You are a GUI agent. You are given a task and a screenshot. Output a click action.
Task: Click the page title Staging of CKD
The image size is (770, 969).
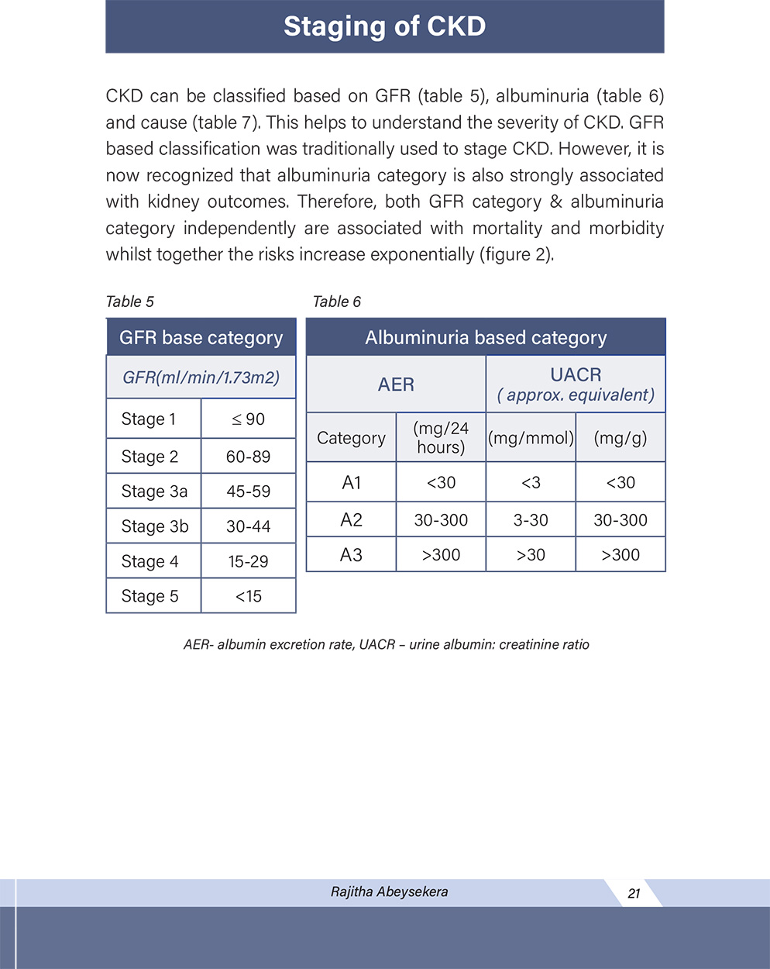[384, 26]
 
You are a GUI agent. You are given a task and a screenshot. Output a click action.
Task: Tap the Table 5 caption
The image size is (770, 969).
[129, 302]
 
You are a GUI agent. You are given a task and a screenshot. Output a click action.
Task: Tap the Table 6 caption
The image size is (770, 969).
[336, 302]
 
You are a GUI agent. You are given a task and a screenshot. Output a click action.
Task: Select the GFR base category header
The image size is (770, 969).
[201, 337]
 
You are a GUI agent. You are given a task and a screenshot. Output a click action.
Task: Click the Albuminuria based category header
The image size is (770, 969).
[486, 337]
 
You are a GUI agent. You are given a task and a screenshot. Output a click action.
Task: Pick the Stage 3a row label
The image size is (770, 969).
[154, 491]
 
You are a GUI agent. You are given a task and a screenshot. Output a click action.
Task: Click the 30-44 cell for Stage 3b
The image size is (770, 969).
[248, 526]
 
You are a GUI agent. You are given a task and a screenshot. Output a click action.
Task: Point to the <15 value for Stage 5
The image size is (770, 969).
[248, 596]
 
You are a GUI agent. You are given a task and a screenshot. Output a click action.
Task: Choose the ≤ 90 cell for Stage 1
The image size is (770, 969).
[248, 419]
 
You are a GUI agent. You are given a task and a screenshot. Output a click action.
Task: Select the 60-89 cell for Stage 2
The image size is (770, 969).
[248, 457]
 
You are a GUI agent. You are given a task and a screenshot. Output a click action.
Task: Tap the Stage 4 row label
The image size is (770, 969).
[150, 561]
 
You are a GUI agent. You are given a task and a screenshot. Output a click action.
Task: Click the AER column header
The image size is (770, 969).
[396, 384]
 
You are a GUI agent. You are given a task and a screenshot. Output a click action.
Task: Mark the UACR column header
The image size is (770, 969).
[576, 375]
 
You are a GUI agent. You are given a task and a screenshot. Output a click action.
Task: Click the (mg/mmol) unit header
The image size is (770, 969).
[531, 438]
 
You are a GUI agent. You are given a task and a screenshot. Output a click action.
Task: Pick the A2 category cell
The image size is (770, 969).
[351, 519]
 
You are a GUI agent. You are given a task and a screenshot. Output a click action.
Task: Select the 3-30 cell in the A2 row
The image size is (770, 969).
[531, 520]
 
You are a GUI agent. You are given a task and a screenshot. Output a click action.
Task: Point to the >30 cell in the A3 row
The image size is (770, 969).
[531, 555]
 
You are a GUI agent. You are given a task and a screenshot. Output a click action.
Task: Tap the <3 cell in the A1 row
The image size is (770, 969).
[531, 482]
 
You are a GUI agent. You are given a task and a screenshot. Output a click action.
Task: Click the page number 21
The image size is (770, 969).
[634, 893]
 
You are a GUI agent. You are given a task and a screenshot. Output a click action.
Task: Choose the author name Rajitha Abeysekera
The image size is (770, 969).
[389, 891]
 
